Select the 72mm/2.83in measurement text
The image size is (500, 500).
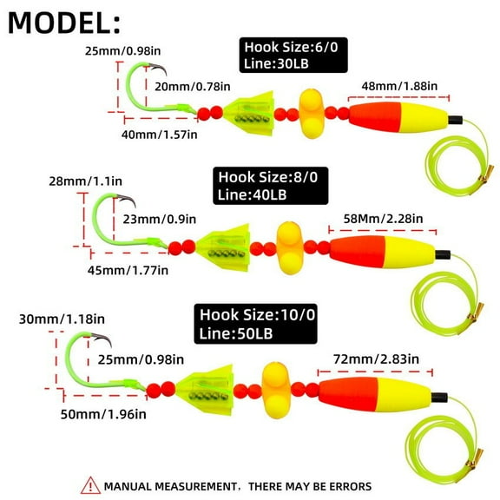[x=374, y=359]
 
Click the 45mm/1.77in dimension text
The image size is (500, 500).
[x=128, y=269]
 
